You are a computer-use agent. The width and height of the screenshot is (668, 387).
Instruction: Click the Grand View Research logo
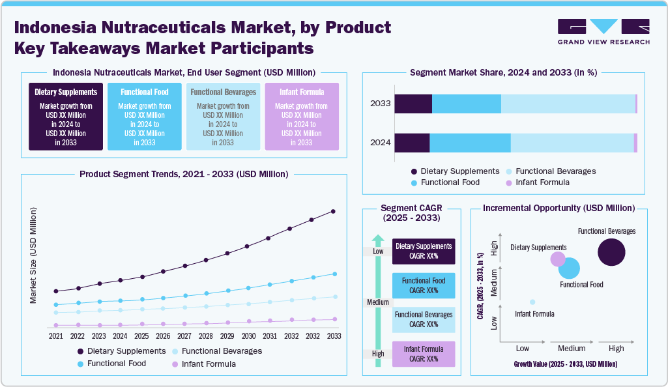603,31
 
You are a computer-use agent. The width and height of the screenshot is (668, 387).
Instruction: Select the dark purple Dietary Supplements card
66,117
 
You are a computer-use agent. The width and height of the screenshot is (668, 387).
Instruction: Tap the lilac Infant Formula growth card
301,117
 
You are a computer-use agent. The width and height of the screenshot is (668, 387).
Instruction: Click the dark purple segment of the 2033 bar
413,104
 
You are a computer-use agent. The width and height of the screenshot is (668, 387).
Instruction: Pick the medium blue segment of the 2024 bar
470,143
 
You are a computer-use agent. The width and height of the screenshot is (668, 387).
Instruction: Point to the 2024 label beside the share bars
381,143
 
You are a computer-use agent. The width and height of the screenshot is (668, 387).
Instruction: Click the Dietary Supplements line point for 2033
334,211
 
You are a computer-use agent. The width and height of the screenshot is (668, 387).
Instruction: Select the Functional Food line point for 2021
56,305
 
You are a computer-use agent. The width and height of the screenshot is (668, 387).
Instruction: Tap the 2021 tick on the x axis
56,336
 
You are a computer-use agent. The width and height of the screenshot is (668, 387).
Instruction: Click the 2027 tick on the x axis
184,336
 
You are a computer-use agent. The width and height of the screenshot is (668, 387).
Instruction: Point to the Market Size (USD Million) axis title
33,255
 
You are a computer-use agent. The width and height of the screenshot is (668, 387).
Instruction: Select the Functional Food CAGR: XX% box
424,285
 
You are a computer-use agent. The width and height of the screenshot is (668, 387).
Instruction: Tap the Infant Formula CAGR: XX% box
424,354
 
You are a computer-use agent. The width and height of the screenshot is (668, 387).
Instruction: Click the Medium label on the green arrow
378,302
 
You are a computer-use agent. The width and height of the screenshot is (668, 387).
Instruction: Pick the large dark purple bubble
611,252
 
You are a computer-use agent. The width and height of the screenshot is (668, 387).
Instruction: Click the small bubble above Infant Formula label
532,302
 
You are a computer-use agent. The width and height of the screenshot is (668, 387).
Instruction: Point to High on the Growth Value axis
616,349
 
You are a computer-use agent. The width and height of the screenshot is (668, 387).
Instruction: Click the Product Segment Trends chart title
184,174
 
